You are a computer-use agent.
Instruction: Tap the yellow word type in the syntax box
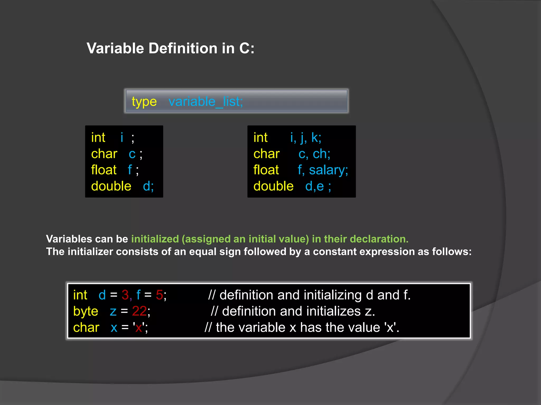[144, 102]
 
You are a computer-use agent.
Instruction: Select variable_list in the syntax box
[206, 102]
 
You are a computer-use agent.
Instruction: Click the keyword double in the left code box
[111, 186]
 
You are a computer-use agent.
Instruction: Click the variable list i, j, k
[305, 138]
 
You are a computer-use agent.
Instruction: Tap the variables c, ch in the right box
[314, 154]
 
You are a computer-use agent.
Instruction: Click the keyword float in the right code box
[266, 170]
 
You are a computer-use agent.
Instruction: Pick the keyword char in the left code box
[104, 154]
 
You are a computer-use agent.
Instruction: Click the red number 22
[139, 311]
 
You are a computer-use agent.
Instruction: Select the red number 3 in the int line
[125, 295]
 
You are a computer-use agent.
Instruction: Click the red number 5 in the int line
[159, 295]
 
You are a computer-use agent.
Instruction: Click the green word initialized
[155, 239]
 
